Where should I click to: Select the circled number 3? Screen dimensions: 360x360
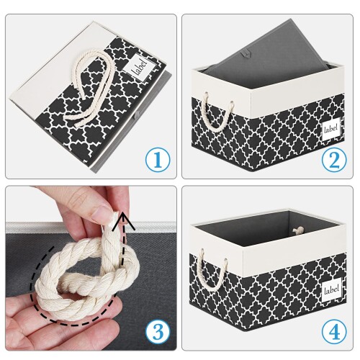pyautogui.click(x=158, y=332)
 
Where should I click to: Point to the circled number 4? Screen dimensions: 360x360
pyautogui.click(x=334, y=332)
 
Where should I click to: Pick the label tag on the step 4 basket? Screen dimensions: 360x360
pyautogui.click(x=332, y=291)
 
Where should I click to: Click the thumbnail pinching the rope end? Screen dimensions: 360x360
pyautogui.click(x=102, y=212)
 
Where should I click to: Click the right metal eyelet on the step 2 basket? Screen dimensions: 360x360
pyautogui.click(x=232, y=104)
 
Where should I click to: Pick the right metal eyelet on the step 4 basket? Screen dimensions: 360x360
pyautogui.click(x=225, y=261)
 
